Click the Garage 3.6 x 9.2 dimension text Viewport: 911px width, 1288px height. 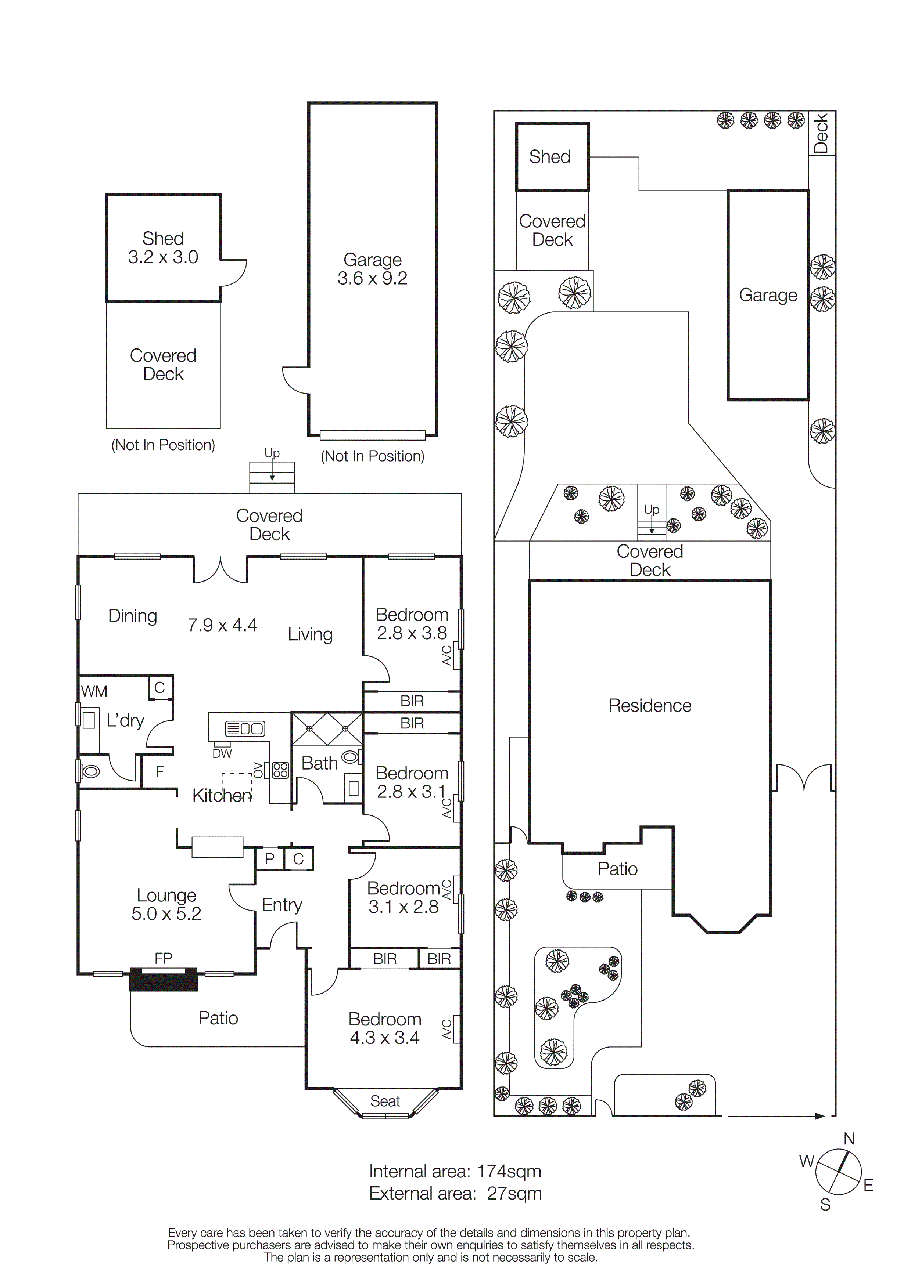[372, 278]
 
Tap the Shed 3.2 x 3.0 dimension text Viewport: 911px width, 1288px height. [163, 257]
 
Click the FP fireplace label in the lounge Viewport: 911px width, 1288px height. [163, 958]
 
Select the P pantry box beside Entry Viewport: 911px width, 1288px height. [269, 859]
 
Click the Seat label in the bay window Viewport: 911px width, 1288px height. [385, 1101]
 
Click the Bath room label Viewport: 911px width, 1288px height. [319, 763]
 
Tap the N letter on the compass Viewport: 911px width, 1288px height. [849, 1139]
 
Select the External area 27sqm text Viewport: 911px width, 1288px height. [455, 1194]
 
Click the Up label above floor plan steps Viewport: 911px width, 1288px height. [272, 453]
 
